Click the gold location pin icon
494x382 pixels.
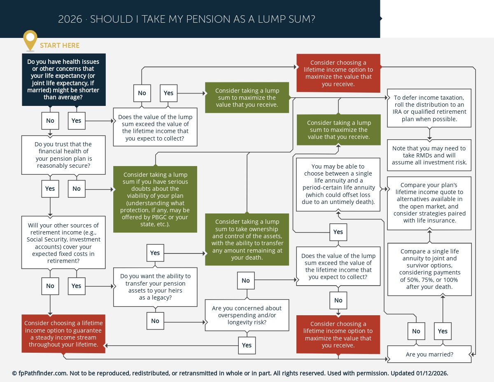[30, 40]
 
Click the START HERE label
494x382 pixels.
[60, 45]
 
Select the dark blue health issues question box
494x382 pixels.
[64, 80]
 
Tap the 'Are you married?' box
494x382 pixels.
[429, 354]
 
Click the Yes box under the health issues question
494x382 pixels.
[77, 121]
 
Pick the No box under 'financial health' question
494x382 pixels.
[77, 189]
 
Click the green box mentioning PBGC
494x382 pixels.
[155, 199]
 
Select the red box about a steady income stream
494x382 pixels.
[63, 334]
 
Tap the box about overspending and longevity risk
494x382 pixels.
[247, 315]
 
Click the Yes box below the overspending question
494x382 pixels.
[247, 345]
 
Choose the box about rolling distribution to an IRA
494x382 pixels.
[429, 108]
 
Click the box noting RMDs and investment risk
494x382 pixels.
[429, 155]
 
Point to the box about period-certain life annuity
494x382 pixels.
[338, 185]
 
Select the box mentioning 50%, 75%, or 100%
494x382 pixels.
[429, 270]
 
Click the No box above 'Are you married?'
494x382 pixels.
[416, 331]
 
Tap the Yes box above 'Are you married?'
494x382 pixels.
[443, 331]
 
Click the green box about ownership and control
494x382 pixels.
[247, 239]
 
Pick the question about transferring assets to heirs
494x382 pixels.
[155, 287]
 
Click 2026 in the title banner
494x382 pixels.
[70, 19]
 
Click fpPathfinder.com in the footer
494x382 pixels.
[43, 373]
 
